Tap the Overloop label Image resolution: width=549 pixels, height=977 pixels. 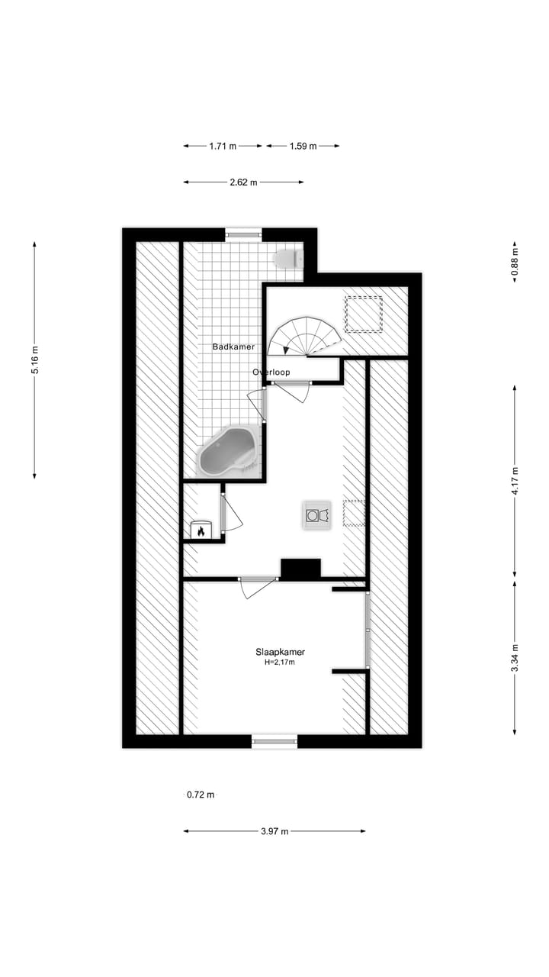click(x=271, y=372)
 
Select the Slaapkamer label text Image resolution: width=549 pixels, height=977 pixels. click(x=280, y=652)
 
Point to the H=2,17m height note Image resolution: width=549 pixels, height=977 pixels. click(x=280, y=663)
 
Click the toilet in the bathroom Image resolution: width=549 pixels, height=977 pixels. click(x=286, y=259)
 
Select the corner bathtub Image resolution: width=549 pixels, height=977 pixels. click(x=226, y=453)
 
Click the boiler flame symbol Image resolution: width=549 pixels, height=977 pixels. click(x=201, y=530)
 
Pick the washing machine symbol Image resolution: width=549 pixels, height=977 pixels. click(x=316, y=515)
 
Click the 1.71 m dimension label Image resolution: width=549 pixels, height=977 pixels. click(x=222, y=146)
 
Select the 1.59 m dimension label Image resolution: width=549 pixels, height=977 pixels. click(x=303, y=146)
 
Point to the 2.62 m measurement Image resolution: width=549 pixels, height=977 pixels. click(x=243, y=182)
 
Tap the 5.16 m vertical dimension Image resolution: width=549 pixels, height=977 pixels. click(x=34, y=360)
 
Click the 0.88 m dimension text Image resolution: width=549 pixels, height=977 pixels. click(x=515, y=261)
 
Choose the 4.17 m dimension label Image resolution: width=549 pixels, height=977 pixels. click(x=515, y=481)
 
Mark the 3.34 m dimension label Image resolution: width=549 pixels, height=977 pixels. click(x=515, y=658)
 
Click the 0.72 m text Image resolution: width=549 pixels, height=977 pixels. click(x=201, y=795)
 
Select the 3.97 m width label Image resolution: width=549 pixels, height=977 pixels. click(x=274, y=831)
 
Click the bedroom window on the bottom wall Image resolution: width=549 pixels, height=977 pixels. click(x=274, y=740)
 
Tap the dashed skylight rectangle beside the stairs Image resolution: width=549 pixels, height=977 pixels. click(x=364, y=314)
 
